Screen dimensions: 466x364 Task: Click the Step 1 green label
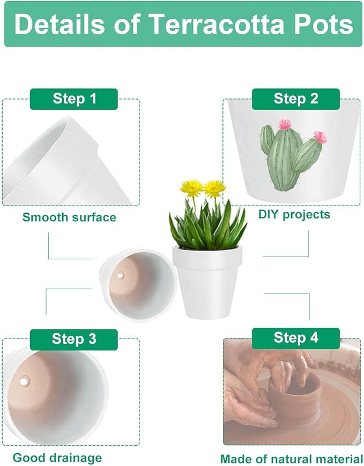75,99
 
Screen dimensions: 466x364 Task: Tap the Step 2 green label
296,99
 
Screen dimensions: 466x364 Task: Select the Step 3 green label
75,339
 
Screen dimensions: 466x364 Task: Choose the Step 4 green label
296,337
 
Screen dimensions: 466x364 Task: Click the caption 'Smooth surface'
69,217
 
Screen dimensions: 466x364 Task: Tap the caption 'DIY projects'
294,215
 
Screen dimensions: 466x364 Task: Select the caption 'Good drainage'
57,457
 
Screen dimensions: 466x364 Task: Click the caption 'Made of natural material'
291,459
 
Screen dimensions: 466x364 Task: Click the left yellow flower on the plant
191,187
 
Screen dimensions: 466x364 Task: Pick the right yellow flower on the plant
214,187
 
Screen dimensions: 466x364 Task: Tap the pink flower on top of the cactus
284,124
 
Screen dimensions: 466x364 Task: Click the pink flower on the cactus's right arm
320,137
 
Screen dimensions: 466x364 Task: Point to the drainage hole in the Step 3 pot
23,382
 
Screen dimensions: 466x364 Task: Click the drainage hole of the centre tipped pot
120,275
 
